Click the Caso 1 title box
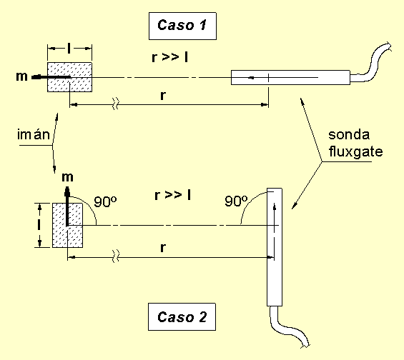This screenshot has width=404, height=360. click(182, 26)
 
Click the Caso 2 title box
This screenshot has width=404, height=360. click(182, 316)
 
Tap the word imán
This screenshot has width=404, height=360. click(34, 134)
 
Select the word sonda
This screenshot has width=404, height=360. click(349, 134)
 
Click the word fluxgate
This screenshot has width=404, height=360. click(355, 151)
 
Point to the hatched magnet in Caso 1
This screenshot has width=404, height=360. click(69, 77)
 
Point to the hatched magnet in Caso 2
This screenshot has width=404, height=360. click(67, 225)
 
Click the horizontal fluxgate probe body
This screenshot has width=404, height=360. click(290, 77)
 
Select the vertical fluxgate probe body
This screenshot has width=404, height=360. click(275, 247)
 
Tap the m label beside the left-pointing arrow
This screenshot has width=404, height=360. click(21, 76)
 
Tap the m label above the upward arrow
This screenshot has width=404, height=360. click(67, 177)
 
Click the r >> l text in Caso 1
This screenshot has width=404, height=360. click(169, 57)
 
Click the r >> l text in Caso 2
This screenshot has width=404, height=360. click(172, 195)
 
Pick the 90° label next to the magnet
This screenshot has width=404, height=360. click(105, 201)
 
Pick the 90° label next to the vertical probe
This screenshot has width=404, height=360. click(236, 201)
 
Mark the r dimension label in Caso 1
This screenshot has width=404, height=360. click(162, 96)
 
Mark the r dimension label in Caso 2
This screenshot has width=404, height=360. click(162, 248)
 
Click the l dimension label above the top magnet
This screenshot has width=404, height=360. click(69, 48)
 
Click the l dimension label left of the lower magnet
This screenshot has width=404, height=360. click(39, 225)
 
